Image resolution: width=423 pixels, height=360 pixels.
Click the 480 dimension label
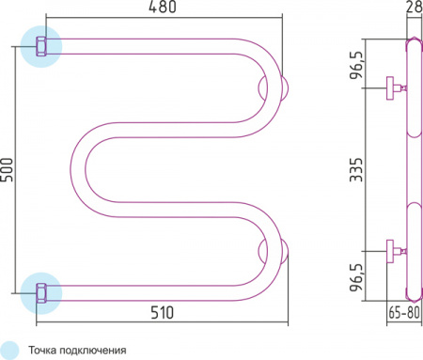[x=163, y=7]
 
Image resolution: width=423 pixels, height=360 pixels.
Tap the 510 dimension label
[x=162, y=312]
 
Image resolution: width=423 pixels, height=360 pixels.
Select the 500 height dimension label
[x=7, y=169]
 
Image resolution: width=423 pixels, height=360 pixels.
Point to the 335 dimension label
[x=356, y=169]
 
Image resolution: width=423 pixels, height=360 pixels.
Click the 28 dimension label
[x=415, y=7]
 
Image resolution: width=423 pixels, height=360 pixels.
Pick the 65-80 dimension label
[x=404, y=312]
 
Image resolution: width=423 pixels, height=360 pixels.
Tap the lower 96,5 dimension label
[x=357, y=277]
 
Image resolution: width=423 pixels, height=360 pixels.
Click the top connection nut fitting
[x=41, y=46]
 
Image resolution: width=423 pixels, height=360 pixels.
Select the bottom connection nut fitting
[x=41, y=293]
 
